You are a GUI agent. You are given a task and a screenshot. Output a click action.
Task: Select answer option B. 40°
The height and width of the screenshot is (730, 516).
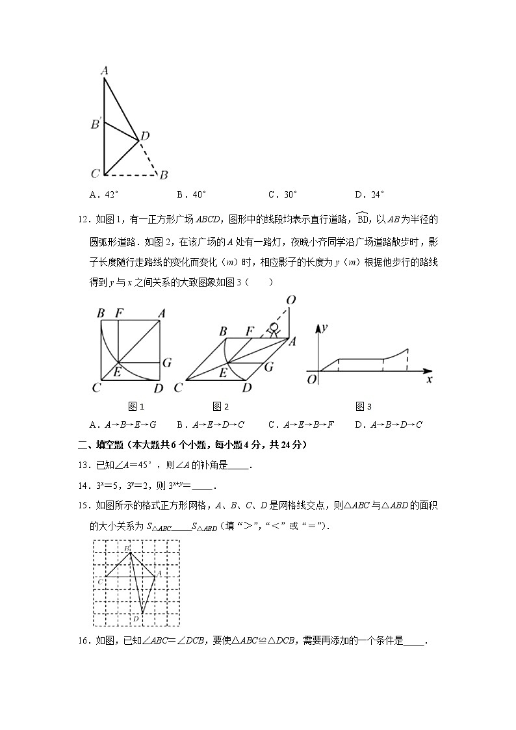pyautogui.click(x=191, y=194)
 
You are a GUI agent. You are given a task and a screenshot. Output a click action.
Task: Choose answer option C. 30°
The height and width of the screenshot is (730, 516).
pyautogui.click(x=283, y=194)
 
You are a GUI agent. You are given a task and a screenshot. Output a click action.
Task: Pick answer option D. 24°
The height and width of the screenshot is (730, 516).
pyautogui.click(x=370, y=194)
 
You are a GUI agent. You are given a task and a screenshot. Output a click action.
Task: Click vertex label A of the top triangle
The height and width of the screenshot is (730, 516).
pyautogui.click(x=104, y=71)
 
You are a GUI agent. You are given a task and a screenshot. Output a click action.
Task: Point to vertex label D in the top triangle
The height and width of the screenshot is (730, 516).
pyautogui.click(x=145, y=136)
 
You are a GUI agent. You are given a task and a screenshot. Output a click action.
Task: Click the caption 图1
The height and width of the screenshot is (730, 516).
pyautogui.click(x=136, y=407)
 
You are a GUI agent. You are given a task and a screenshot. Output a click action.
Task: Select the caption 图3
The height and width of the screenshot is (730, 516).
pyautogui.click(x=363, y=407)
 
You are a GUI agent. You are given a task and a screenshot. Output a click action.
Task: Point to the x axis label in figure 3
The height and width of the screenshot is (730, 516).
pyautogui.click(x=429, y=380)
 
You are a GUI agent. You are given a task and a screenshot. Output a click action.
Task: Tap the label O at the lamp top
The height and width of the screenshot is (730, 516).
pyautogui.click(x=290, y=300)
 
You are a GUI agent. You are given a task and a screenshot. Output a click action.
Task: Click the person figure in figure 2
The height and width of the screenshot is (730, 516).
pyautogui.click(x=274, y=329)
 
